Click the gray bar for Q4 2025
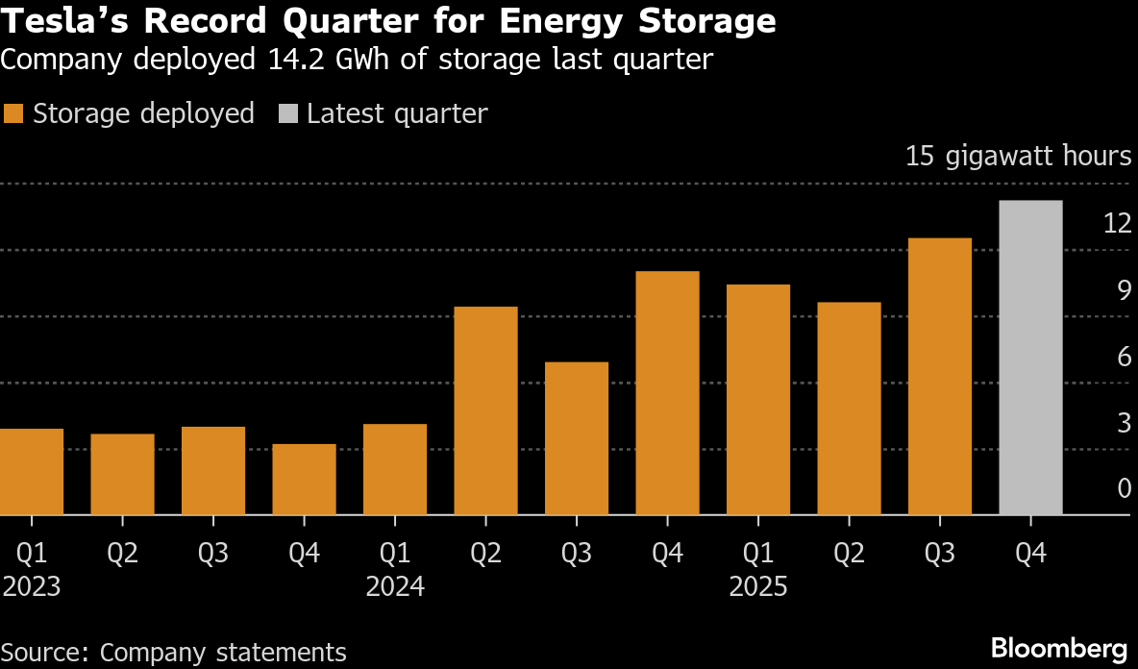point(1030,358)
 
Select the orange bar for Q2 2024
point(485,411)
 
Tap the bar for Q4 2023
point(304,480)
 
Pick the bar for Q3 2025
point(940,377)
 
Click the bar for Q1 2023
point(31,472)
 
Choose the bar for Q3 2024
point(577,438)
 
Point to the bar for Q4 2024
point(667,393)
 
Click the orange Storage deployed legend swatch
point(12,113)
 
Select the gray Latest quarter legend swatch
point(287,113)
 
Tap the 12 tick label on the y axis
point(1117,223)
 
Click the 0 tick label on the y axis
point(1124,488)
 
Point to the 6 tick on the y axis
point(1124,356)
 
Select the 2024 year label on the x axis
point(395,586)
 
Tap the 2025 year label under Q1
point(757,586)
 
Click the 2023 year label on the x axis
point(31,586)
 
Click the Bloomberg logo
point(1058,647)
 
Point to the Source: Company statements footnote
point(174,653)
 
